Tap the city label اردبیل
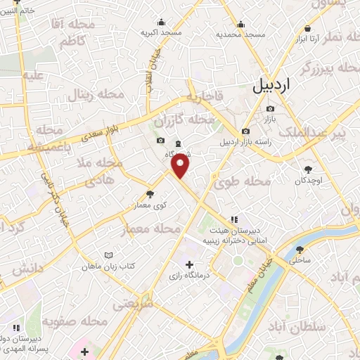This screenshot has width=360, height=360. coord(270,86)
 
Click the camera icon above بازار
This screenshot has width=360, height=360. coord(271,109)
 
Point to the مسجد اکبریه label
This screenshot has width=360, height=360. coord(161,32)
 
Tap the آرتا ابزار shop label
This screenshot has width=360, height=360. coord(308,38)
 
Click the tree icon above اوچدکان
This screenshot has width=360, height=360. coord(308,169)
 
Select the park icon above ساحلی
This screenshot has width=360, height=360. coord(300,250)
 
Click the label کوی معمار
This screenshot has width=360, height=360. coord(150,205)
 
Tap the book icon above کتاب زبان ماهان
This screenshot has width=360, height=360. coord(108,255)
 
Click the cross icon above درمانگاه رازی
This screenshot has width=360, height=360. coord(188,264)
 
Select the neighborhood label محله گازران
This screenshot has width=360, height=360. coord(206,120)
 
